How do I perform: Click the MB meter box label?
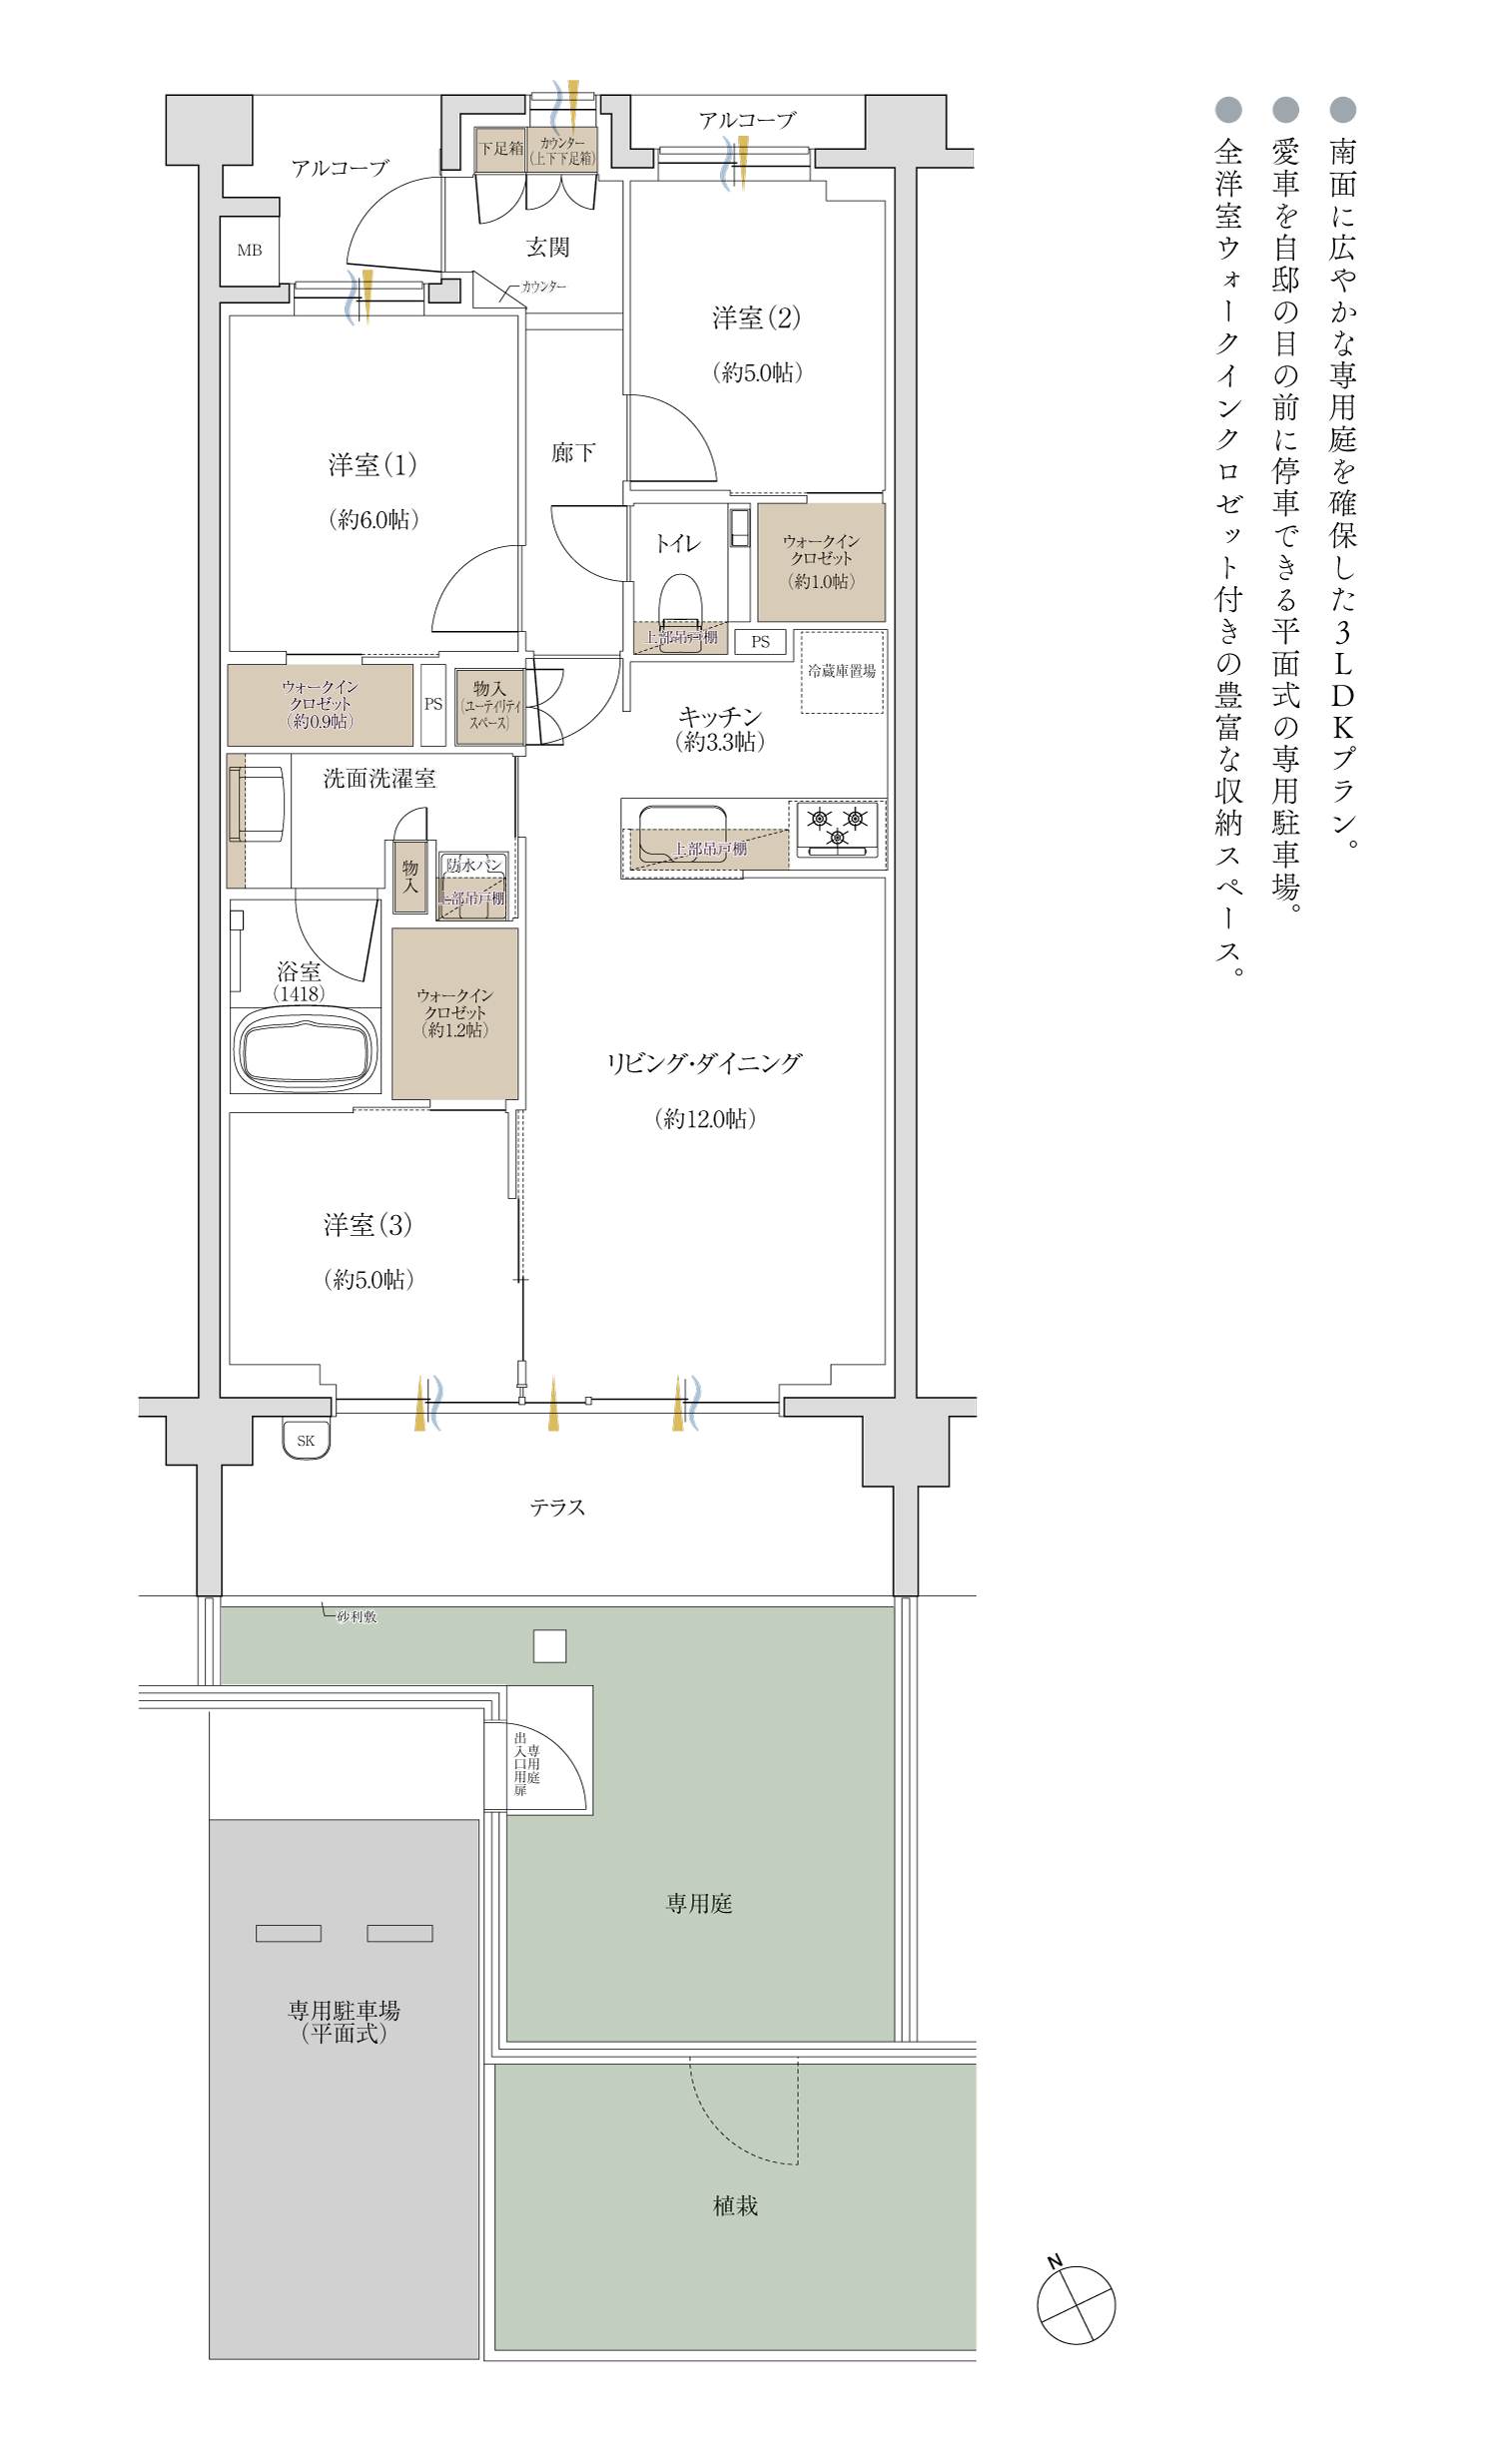(250, 251)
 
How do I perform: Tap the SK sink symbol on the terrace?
(306, 1440)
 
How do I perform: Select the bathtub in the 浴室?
(306, 1049)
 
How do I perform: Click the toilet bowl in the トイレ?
(680, 602)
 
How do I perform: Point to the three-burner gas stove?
(837, 828)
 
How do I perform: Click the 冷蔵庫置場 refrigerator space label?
(841, 671)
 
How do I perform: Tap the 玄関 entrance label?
(547, 247)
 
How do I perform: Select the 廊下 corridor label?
(572, 453)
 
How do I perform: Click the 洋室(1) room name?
(372, 464)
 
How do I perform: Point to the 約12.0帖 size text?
(705, 1119)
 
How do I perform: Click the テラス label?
(557, 1508)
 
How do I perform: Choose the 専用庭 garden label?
(699, 1904)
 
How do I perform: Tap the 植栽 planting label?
(735, 2206)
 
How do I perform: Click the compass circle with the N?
(1076, 2305)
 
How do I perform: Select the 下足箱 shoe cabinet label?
(500, 149)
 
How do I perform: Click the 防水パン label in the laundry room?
(473, 865)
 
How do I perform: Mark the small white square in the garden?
(549, 1646)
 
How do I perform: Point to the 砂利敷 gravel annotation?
(357, 1616)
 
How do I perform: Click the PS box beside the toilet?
(760, 642)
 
